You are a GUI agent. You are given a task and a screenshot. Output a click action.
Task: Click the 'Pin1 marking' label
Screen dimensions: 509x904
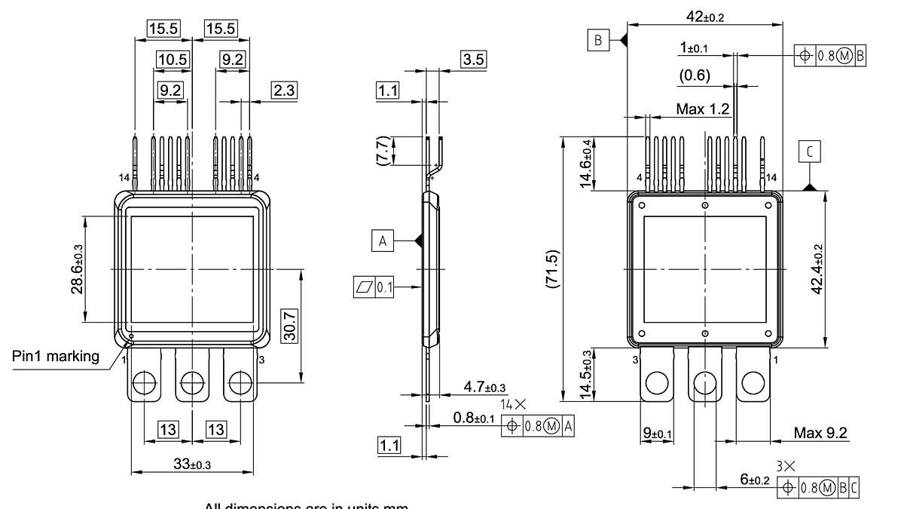coord(56,356)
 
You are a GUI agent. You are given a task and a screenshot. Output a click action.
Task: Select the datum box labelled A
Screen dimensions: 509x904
coord(383,241)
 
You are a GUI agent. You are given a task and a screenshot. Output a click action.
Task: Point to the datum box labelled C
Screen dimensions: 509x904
coord(810,153)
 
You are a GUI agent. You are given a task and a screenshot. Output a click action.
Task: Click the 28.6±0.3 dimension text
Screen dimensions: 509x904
coord(77,269)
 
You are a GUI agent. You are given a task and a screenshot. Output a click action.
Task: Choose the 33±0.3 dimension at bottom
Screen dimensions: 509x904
coord(192,465)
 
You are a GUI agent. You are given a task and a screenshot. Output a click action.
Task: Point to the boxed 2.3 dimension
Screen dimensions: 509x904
coord(284,90)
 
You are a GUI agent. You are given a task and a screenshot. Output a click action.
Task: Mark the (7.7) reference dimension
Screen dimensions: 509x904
coord(383,151)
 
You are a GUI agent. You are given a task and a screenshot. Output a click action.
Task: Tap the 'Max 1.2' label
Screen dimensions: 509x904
coord(702,109)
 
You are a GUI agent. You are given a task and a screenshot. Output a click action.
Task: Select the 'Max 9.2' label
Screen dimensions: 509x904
coord(820,433)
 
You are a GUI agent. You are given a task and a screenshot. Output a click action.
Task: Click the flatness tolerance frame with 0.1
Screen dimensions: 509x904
coord(373,287)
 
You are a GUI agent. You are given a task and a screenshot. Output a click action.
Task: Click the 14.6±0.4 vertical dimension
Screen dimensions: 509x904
coord(586,164)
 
